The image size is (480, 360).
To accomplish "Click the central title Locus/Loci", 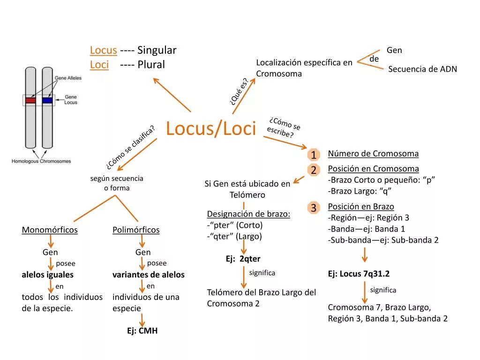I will [211, 128].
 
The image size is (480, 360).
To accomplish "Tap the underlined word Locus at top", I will [103, 50].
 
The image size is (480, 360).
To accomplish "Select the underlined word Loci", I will [99, 65].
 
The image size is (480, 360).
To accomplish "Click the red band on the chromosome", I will [30, 100].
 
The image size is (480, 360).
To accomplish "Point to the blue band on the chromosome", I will [47, 100].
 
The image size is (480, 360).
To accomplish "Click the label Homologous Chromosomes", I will [41, 161].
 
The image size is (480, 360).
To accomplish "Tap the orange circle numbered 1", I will [313, 155].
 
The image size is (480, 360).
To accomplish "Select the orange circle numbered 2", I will [313, 170].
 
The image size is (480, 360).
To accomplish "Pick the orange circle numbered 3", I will [313, 208].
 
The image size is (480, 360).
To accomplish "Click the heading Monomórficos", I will [50, 230].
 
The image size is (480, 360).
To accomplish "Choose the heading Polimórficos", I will [136, 230].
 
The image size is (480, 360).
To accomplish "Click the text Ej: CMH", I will [142, 331].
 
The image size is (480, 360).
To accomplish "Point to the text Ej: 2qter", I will [243, 259].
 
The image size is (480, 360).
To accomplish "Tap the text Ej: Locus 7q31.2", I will [359, 274].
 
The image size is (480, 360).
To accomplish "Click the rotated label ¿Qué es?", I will [239, 91].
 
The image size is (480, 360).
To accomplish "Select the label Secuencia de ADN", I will [422, 69].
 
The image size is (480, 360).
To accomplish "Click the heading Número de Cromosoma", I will [373, 154].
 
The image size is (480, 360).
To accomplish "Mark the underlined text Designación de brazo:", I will [248, 214].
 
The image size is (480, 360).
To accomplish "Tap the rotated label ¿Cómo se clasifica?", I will [130, 147].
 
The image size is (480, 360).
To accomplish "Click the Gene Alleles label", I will [68, 78].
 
